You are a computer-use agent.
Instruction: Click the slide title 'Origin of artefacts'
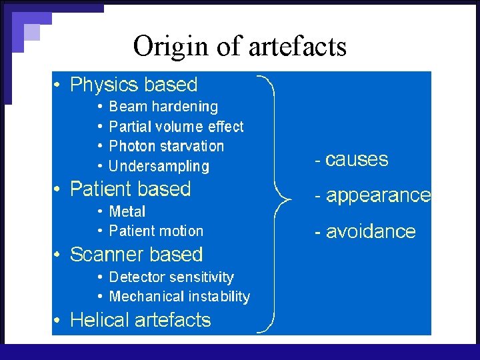pos(239,47)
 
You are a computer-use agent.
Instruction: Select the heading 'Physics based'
pos(133,85)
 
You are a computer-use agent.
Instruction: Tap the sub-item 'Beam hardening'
pos(163,107)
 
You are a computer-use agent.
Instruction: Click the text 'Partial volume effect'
pos(176,127)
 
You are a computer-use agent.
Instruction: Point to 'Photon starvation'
pos(166,146)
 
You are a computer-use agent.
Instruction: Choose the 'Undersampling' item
pos(159,166)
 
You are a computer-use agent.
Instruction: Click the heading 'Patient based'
pos(130,189)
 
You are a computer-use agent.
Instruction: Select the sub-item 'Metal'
pos(127,211)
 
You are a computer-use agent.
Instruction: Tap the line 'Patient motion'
pos(156,231)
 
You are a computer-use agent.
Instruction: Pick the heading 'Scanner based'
pos(136,255)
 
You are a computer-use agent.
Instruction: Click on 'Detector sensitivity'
pos(171,277)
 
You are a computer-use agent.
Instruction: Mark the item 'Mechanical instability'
pos(179,297)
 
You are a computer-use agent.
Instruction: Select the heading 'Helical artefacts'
pos(140,320)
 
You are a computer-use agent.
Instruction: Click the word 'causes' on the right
pos(356,160)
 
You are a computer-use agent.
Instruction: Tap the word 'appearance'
pos(377,196)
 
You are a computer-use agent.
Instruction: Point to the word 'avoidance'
pos(370,232)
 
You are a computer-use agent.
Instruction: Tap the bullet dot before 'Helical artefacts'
pos(59,321)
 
